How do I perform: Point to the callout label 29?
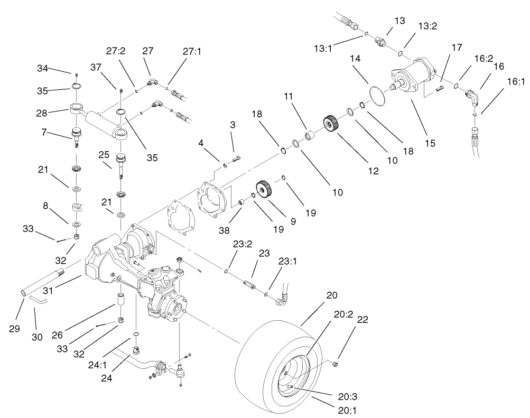[x=14, y=328]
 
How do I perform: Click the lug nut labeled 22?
[x=336, y=364]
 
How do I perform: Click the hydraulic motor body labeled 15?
[x=415, y=77]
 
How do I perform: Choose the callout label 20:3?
[x=350, y=396]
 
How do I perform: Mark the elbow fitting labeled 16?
[x=471, y=96]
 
